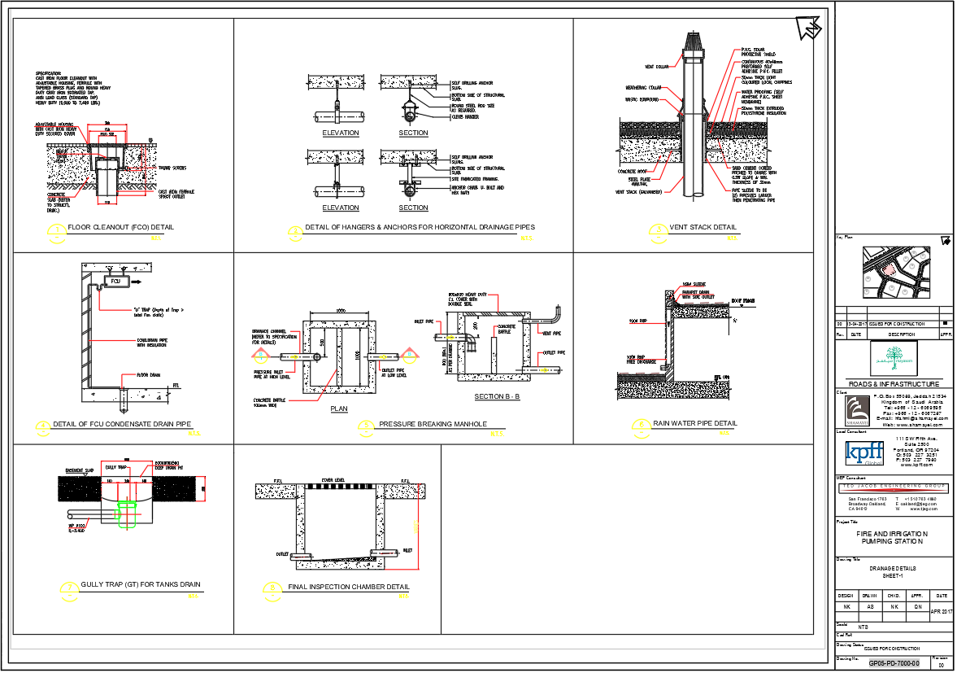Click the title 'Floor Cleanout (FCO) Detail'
120,227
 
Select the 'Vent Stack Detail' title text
703,227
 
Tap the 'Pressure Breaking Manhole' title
433,424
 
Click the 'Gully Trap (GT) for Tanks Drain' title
141,584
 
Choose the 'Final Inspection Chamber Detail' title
349,587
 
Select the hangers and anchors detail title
420,227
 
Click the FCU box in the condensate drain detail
115,282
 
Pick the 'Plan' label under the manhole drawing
339,409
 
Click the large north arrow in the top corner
808,28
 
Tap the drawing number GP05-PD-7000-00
894,663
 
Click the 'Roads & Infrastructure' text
894,384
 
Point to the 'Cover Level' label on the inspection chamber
333,480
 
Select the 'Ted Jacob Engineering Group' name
894,486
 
